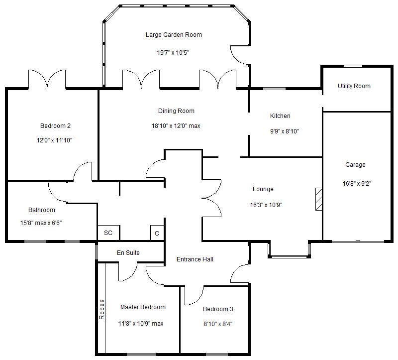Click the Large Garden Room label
click(x=174, y=35)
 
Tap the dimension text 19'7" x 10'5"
click(x=173, y=53)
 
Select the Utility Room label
click(x=354, y=86)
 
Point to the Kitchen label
click(x=280, y=116)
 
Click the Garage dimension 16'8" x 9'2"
click(x=357, y=183)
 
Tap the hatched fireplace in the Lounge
click(x=319, y=199)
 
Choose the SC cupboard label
click(x=108, y=233)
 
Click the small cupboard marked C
click(x=157, y=233)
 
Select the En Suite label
click(x=128, y=253)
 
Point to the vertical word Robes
click(x=101, y=309)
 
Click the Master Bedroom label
click(x=143, y=307)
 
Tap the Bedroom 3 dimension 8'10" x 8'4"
click(x=218, y=324)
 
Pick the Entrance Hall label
click(x=195, y=259)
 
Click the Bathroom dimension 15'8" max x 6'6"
click(x=41, y=223)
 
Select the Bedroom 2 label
click(x=55, y=126)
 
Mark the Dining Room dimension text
click(x=176, y=126)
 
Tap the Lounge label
click(x=263, y=189)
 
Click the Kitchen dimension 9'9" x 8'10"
click(x=285, y=131)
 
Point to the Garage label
click(x=355, y=165)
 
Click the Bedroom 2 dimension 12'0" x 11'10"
click(x=54, y=140)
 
